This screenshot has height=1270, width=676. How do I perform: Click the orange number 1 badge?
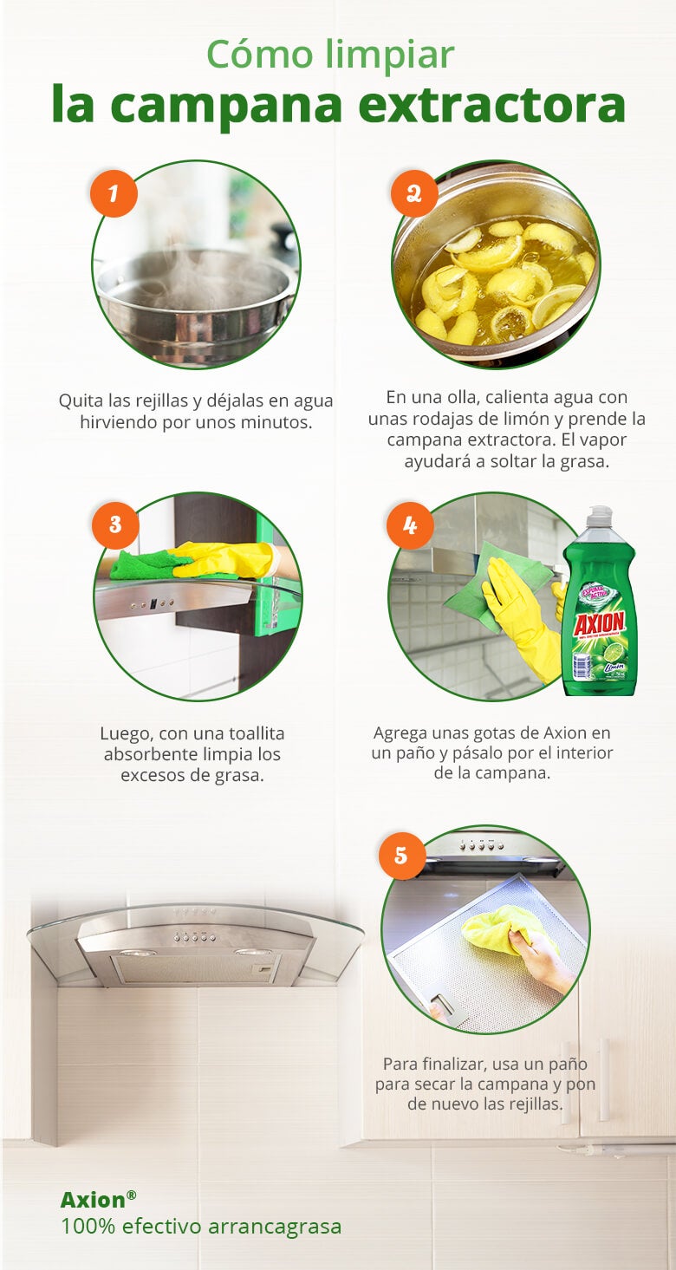(x=114, y=192)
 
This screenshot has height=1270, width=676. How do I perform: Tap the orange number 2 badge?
(x=413, y=192)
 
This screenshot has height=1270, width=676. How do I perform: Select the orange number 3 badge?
(x=114, y=524)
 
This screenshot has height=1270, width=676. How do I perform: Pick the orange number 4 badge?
(x=409, y=524)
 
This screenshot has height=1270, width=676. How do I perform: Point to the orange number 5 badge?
(x=401, y=856)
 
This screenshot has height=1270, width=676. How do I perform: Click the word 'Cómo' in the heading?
(x=258, y=55)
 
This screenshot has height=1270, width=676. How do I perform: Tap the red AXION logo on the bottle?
(x=599, y=622)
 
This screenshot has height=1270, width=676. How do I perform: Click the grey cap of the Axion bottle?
(x=599, y=518)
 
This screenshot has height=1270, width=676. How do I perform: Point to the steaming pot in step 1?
(x=195, y=299)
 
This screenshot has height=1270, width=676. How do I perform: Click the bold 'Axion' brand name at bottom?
(x=93, y=1200)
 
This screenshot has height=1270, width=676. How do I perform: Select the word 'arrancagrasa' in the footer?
(x=274, y=1227)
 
